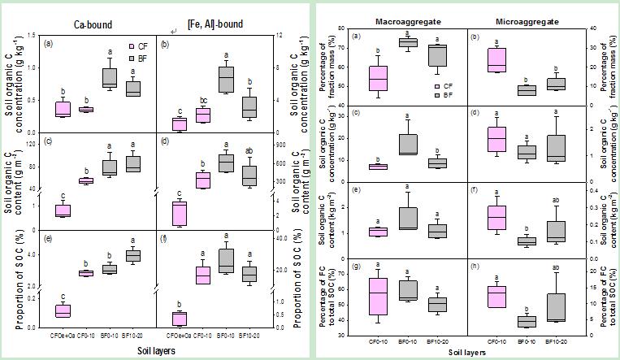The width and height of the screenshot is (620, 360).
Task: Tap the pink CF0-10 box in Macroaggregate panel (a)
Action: (x=378, y=79)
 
